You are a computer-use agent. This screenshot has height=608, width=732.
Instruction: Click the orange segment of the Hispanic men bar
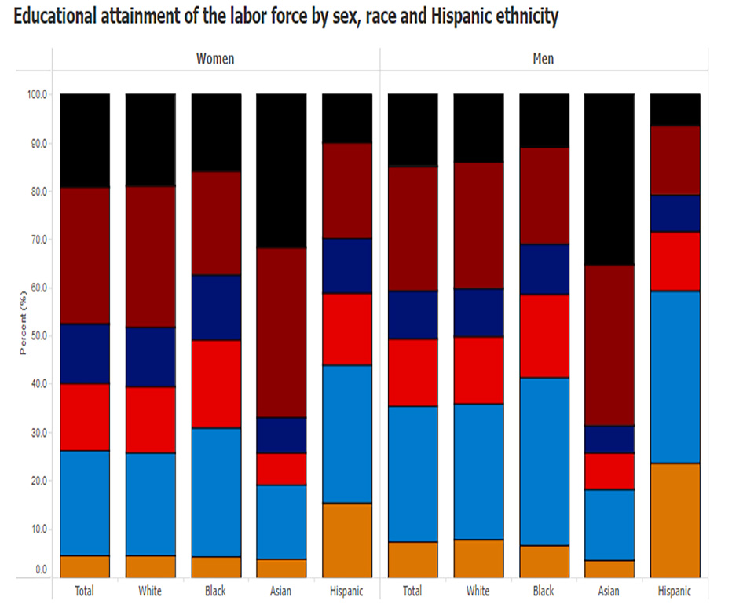click(x=675, y=520)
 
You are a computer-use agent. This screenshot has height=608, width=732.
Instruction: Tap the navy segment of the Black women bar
click(x=216, y=307)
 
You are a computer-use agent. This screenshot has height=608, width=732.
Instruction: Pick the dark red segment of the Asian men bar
click(x=609, y=345)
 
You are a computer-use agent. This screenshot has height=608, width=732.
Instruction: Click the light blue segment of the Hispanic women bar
click(x=347, y=434)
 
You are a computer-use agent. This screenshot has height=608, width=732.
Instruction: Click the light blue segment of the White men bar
click(x=478, y=471)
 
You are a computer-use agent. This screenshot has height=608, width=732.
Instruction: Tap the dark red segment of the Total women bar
click(x=85, y=255)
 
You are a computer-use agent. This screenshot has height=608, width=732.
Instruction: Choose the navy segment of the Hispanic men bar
click(x=675, y=213)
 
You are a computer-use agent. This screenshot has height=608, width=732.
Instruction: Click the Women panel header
click(x=214, y=59)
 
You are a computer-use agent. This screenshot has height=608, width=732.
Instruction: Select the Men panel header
click(x=543, y=59)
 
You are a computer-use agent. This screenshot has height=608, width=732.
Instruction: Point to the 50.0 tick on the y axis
click(x=38, y=335)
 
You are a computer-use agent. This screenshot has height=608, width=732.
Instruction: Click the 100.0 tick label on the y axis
click(x=37, y=94)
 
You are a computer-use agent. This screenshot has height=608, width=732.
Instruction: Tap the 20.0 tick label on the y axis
click(x=38, y=480)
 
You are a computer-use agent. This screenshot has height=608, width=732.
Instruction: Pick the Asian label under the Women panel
click(x=281, y=591)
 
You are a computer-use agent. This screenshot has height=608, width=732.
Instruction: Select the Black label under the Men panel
click(x=543, y=591)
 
